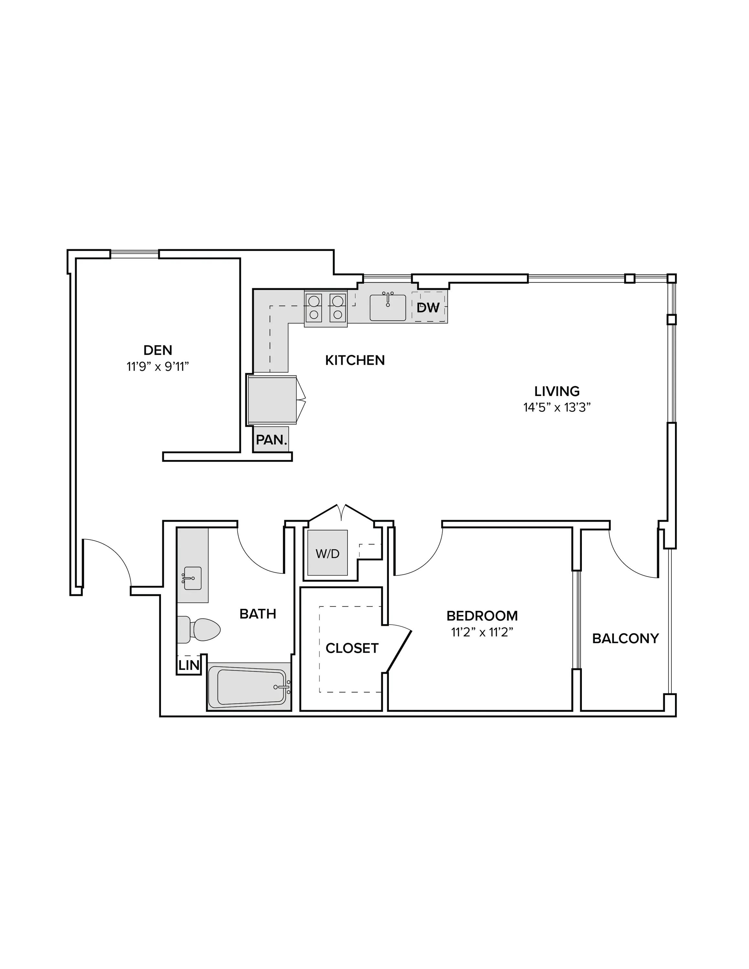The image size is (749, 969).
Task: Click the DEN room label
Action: tap(158, 350)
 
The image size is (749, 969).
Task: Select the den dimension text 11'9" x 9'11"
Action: tap(158, 367)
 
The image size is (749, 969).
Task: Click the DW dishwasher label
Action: tap(428, 307)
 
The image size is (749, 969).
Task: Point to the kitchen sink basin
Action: tap(388, 307)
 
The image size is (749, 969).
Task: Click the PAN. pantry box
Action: tap(271, 439)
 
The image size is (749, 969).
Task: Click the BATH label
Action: tap(258, 614)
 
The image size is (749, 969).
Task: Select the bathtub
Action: tap(249, 687)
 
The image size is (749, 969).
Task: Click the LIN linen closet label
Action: tap(189, 665)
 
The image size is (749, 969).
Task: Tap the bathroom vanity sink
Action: tap(192, 578)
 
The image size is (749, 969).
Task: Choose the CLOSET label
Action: tap(352, 648)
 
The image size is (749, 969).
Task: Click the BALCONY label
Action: tap(625, 639)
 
